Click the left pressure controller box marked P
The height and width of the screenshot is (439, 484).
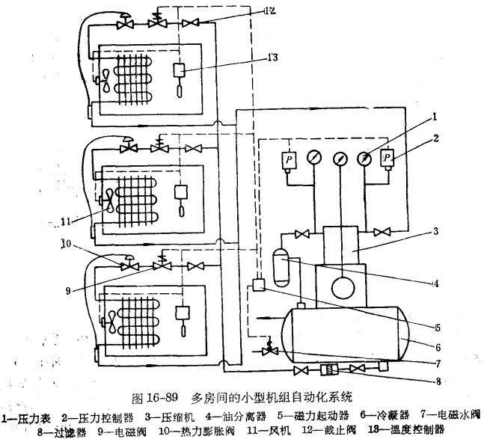click(x=289, y=160)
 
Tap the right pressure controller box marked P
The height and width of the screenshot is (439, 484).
click(x=387, y=159)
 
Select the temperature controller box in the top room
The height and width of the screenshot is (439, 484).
click(x=180, y=70)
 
